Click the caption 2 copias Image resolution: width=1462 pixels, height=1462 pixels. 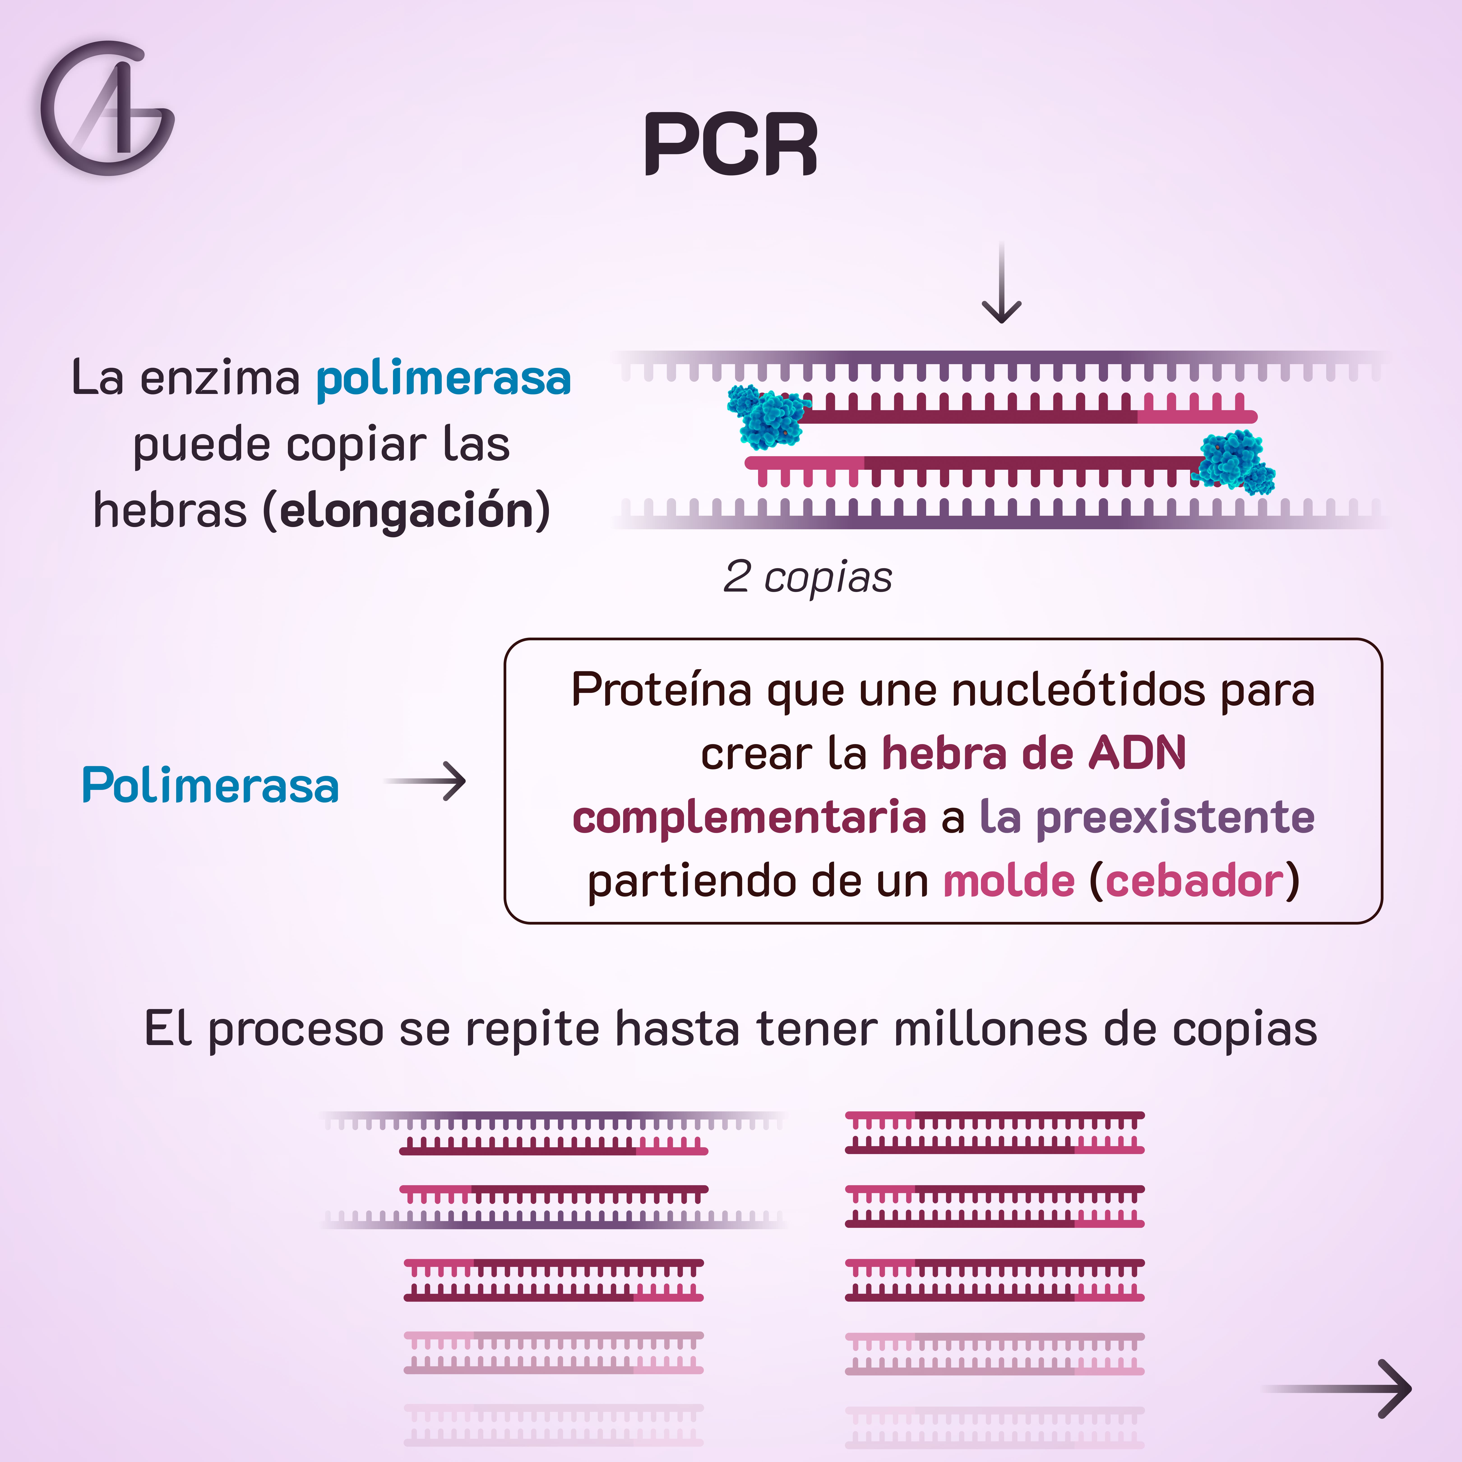click(x=807, y=577)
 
